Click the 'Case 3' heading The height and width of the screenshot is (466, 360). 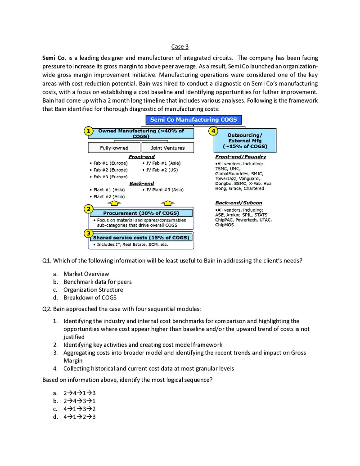point(180,47)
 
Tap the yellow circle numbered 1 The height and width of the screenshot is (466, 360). point(89,131)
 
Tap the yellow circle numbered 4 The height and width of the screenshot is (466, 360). point(214,131)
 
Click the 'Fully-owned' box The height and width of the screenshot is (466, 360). point(114,148)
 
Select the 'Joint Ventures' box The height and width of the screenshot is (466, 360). point(168,148)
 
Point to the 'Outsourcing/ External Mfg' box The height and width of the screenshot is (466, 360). point(244,141)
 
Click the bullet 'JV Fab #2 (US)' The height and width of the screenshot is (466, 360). point(162,170)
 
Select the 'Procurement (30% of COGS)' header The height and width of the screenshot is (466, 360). point(141,213)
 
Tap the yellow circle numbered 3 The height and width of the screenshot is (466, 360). point(89,233)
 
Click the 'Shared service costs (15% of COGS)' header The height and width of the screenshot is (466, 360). point(141,237)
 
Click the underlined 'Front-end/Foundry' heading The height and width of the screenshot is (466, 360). point(240,157)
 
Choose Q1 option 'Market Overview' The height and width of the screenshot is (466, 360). point(86,274)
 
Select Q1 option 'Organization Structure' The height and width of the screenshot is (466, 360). point(93,290)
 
